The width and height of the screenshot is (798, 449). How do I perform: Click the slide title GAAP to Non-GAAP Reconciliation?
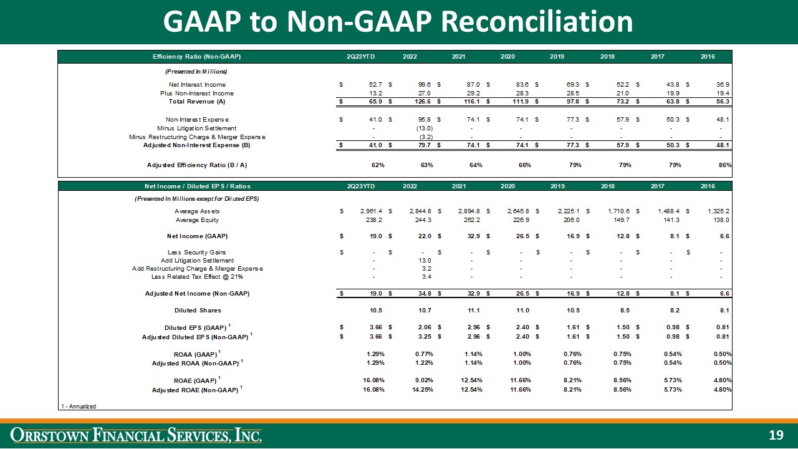[x=398, y=22]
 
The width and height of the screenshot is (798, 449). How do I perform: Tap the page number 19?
[x=775, y=435]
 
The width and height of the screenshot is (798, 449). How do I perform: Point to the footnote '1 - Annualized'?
[x=79, y=406]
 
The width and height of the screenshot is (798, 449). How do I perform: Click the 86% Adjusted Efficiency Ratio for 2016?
[x=724, y=165]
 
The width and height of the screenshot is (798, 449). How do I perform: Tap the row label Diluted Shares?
[x=197, y=310]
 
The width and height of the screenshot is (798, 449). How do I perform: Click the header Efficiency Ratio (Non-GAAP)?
[x=197, y=57]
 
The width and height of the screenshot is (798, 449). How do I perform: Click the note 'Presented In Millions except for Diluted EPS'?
[x=197, y=198]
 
